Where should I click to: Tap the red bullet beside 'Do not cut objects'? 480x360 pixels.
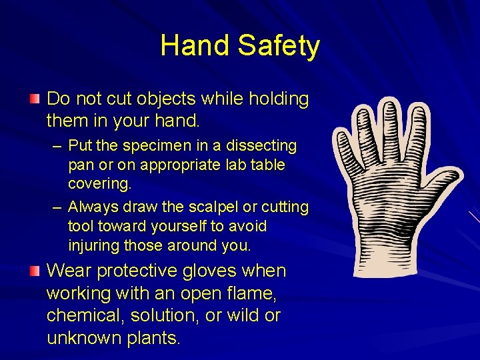pos(35,99)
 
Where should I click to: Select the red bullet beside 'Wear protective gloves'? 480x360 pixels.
pos(35,271)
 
